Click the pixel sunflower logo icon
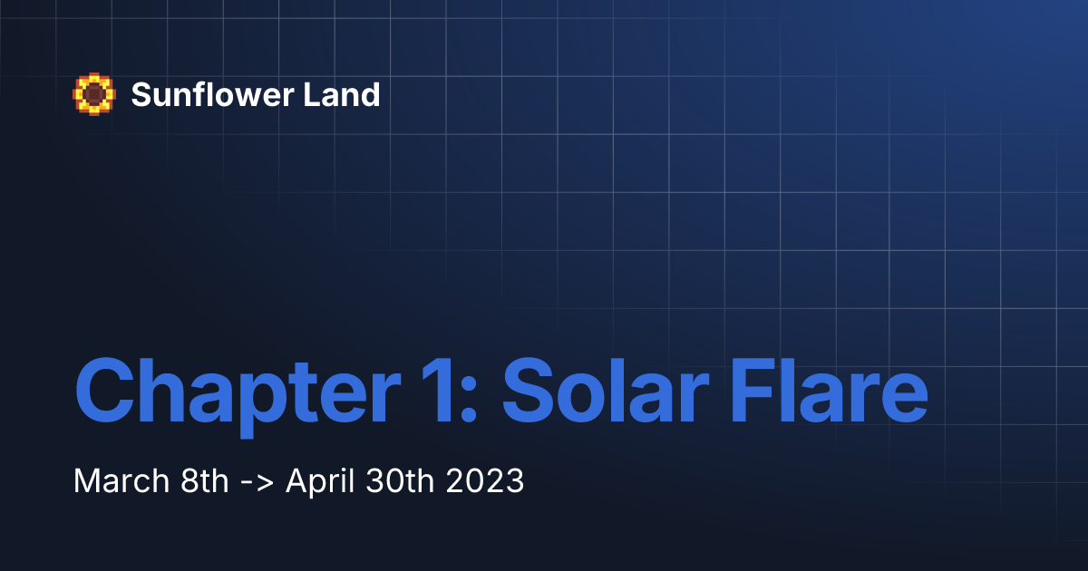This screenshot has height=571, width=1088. click(94, 94)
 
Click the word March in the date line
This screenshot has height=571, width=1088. click(114, 480)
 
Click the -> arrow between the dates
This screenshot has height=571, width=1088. click(257, 481)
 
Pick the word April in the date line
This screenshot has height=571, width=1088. click(318, 481)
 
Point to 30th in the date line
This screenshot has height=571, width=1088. click(394, 480)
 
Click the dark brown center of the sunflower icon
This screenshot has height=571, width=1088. click(94, 93)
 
